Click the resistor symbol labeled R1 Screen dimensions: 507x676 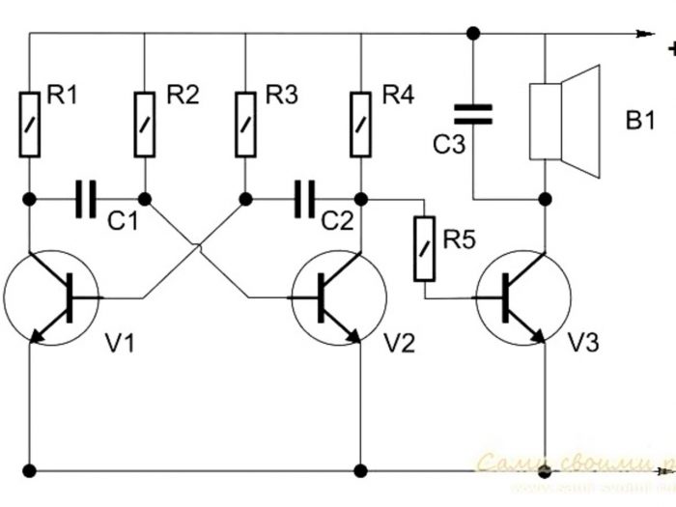pos(29,123)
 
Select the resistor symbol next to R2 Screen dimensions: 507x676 pos(145,123)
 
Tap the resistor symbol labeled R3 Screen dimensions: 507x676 pos(245,123)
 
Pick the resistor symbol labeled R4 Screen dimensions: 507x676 pos(361,123)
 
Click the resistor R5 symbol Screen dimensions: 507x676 pos(422,248)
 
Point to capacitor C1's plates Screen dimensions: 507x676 pos(86,199)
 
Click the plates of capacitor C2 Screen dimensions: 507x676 pos(304,199)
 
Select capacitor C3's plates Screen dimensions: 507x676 pos(472,115)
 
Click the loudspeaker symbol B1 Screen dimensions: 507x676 pos(560,121)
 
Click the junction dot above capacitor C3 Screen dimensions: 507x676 pos(472,34)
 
